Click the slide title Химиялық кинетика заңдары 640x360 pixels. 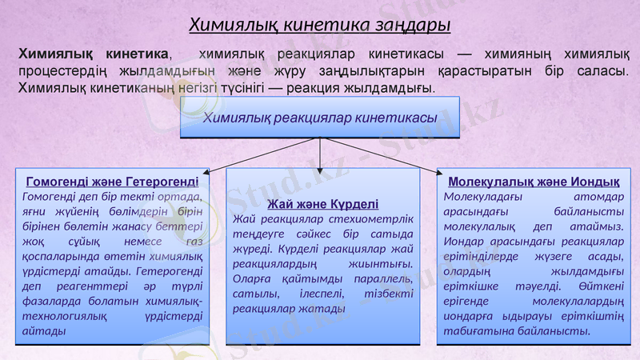coord(320,25)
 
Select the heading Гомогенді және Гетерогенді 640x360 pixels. coord(113,181)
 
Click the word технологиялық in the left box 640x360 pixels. coord(68,316)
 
